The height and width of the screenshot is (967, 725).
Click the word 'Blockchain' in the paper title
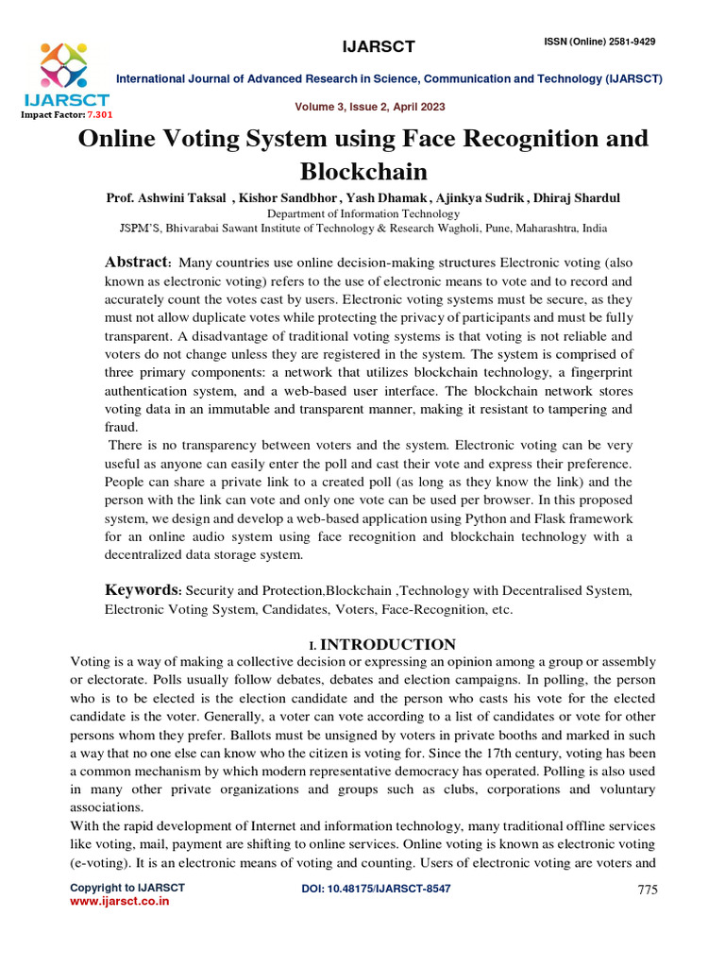pyautogui.click(x=362, y=172)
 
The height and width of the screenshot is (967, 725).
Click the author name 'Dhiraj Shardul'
pyautogui.click(x=578, y=198)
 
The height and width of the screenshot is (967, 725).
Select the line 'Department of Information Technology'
pyautogui.click(x=362, y=213)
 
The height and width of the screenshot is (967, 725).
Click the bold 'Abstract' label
pyautogui.click(x=135, y=262)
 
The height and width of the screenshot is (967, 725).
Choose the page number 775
pyautogui.click(x=647, y=890)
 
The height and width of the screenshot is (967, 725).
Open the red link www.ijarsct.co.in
pyautogui.click(x=120, y=902)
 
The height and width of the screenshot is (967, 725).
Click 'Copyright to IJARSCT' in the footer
pyautogui.click(x=127, y=888)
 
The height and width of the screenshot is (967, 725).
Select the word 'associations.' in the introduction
pyautogui.click(x=108, y=807)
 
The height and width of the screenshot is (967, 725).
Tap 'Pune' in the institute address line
pyautogui.click(x=481, y=228)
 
